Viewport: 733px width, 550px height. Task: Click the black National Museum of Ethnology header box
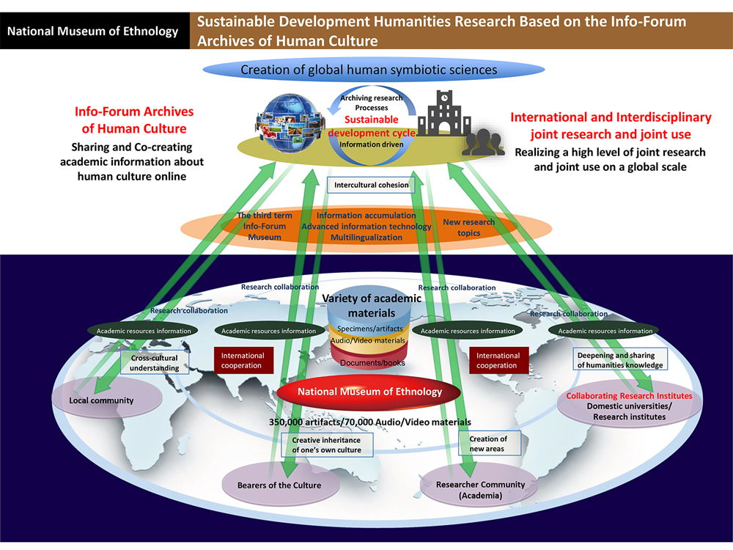pyautogui.click(x=94, y=31)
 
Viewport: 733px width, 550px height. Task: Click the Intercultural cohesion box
pyautogui.click(x=371, y=185)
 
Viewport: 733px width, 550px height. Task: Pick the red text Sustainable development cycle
pyautogui.click(x=372, y=126)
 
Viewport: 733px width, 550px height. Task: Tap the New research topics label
pyautogui.click(x=469, y=227)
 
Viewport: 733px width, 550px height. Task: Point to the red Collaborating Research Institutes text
pyautogui.click(x=629, y=396)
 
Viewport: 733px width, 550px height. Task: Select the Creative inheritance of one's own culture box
pyautogui.click(x=326, y=444)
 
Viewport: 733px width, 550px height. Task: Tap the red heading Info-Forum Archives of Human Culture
pyautogui.click(x=134, y=120)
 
